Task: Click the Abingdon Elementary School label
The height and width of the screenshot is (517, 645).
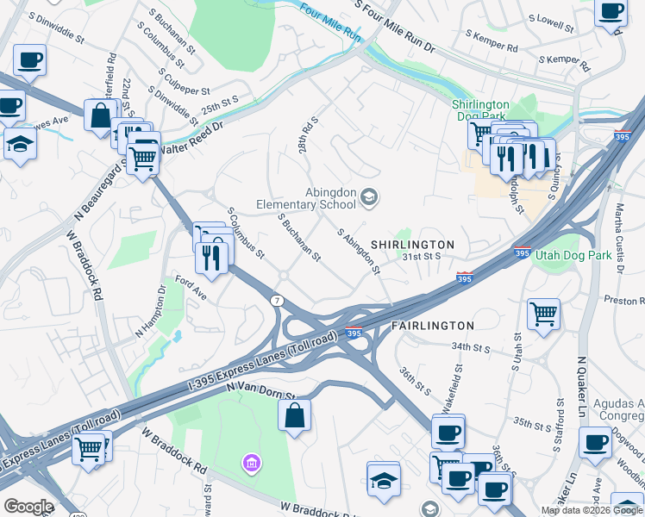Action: coord(306,198)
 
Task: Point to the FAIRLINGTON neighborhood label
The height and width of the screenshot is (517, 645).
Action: coord(433,326)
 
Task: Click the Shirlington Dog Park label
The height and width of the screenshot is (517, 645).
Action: coord(481,110)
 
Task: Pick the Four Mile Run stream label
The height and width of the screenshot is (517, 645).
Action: coord(329,23)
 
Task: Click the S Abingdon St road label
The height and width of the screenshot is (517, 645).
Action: coord(359,251)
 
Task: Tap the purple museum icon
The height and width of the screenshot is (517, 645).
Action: coord(251,464)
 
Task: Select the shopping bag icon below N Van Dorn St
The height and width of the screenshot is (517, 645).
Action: coord(295,415)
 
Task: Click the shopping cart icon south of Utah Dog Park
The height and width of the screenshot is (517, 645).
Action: coord(543,314)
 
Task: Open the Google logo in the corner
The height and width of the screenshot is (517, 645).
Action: coord(28,506)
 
